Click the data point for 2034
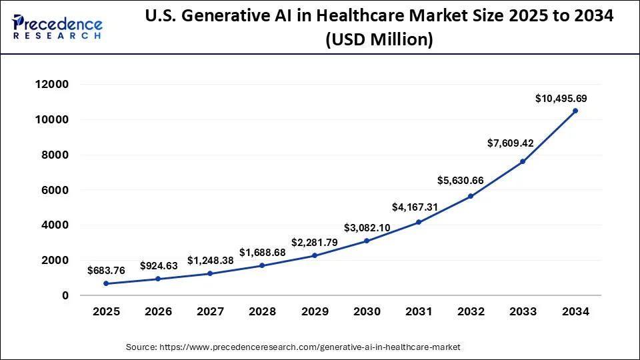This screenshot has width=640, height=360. coord(575,111)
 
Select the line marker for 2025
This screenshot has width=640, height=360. coord(106,283)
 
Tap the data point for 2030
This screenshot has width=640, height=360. coord(367,241)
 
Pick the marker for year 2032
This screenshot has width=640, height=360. coord(471,196)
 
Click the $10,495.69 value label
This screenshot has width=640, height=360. coord(561,99)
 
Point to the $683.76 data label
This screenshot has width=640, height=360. coord(106,270)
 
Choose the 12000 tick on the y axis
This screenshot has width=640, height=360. coord(52,85)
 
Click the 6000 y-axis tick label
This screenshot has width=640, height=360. coord(55,190)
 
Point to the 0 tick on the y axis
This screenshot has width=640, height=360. coord(65,295)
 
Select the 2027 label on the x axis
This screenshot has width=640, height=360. coord(210,311)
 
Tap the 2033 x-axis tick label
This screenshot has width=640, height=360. coord(523,311)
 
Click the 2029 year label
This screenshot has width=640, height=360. coord(315,311)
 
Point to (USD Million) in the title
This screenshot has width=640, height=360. coord(380,40)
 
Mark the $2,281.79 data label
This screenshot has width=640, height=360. coord(315,241)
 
